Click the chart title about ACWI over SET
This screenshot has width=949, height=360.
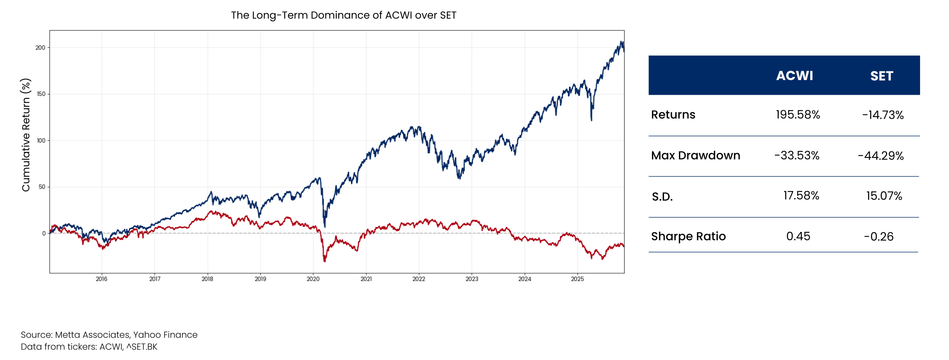[x=343, y=15]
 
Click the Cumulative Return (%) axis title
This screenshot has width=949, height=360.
[x=26, y=135]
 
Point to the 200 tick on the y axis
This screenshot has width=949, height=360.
[x=40, y=48]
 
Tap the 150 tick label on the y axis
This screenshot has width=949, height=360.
[x=40, y=94]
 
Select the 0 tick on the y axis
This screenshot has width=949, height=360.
[x=44, y=233]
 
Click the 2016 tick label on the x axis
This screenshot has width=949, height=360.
[x=102, y=279]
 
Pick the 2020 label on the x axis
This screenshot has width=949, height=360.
[x=313, y=279]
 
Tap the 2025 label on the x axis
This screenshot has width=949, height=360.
[x=577, y=279]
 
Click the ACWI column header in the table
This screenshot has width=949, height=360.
[x=794, y=76]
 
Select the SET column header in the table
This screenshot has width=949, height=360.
[x=882, y=76]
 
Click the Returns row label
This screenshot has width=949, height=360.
[x=673, y=115]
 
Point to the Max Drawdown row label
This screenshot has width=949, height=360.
[x=696, y=155]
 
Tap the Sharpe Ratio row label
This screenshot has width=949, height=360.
[x=688, y=236]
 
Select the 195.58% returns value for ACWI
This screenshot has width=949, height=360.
[x=798, y=115]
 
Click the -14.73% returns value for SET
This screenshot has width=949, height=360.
[x=883, y=115]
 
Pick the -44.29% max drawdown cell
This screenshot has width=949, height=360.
[x=881, y=156]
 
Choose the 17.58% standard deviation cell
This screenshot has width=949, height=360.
[x=801, y=195]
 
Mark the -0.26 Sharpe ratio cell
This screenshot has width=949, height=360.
[x=879, y=237]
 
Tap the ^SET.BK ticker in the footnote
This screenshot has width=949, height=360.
[x=142, y=347]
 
